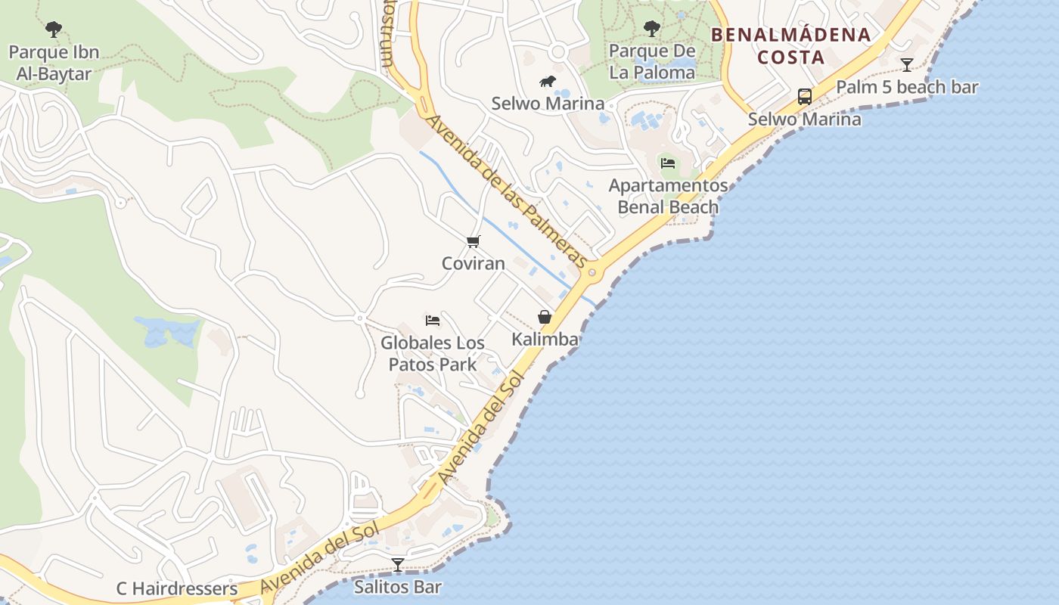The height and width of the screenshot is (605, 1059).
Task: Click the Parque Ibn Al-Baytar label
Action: coord(54,64)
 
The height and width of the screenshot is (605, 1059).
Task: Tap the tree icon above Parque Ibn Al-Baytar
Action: coord(54,29)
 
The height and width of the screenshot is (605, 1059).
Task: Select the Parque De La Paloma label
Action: coord(651,62)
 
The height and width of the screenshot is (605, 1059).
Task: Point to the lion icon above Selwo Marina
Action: coord(548,82)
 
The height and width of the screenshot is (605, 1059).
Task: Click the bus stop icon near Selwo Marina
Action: coord(805,97)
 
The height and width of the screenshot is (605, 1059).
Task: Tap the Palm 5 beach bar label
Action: coord(906,87)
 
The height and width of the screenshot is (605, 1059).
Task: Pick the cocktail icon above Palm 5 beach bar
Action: coord(906,65)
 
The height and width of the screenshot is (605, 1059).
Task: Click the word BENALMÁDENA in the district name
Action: coord(790,35)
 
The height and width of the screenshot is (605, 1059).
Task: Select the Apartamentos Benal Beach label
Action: coord(668,196)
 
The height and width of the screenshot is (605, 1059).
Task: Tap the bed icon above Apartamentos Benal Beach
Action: coord(667,163)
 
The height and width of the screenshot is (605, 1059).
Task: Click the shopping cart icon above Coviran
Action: coord(474,241)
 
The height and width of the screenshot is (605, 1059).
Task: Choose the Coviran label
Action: coord(474,263)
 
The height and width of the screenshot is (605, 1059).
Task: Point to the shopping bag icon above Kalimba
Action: coord(545,317)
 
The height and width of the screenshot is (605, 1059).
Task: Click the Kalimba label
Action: coord(545,340)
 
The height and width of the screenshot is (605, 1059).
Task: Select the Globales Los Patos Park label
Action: coord(433,353)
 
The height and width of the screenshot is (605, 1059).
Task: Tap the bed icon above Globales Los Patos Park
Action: coord(433,321)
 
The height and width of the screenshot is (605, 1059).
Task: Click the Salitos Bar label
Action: coord(398,586)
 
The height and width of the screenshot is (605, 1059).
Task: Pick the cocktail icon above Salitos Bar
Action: coord(398,564)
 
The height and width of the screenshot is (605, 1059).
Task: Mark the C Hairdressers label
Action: coord(176,588)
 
